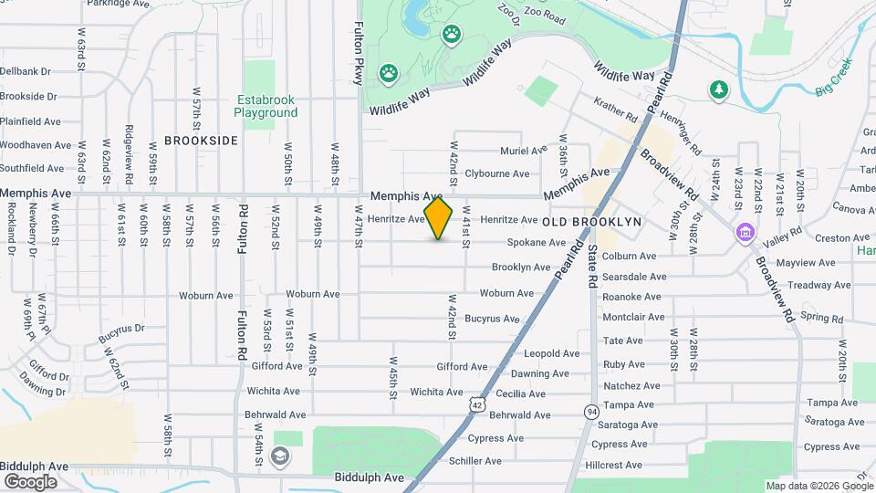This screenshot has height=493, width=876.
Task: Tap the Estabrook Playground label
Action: (266, 106)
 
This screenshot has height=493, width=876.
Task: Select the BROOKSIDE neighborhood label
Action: (201, 141)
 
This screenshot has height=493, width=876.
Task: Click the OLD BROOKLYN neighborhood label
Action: (593, 222)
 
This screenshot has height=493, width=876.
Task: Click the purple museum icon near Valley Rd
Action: (746, 234)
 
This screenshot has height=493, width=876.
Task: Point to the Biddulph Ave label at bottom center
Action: (369, 477)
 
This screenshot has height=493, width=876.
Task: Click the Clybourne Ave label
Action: (496, 173)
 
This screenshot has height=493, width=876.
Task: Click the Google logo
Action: (30, 482)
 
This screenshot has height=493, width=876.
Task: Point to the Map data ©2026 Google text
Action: (819, 486)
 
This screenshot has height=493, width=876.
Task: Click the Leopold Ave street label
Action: (551, 353)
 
